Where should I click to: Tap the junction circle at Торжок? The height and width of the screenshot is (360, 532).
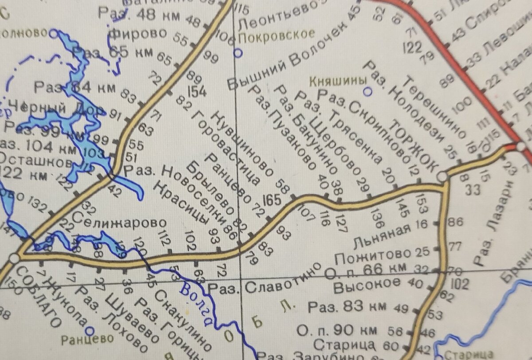tap(442, 177)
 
